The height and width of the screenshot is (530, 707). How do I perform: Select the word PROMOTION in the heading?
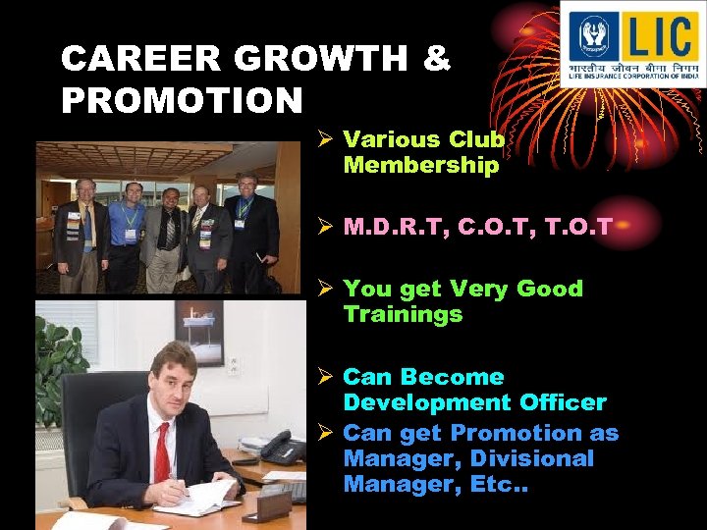click(x=182, y=100)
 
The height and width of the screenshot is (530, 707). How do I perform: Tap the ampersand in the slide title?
click(x=437, y=60)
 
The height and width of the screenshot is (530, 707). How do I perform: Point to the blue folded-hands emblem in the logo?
click(x=594, y=36)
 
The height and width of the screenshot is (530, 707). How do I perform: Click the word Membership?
click(x=421, y=166)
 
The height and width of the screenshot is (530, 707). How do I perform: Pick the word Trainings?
click(x=403, y=314)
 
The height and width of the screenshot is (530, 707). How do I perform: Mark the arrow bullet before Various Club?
click(x=329, y=140)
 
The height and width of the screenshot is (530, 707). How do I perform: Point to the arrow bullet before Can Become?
click(x=329, y=378)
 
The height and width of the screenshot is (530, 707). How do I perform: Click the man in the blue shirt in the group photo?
click(x=128, y=236)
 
